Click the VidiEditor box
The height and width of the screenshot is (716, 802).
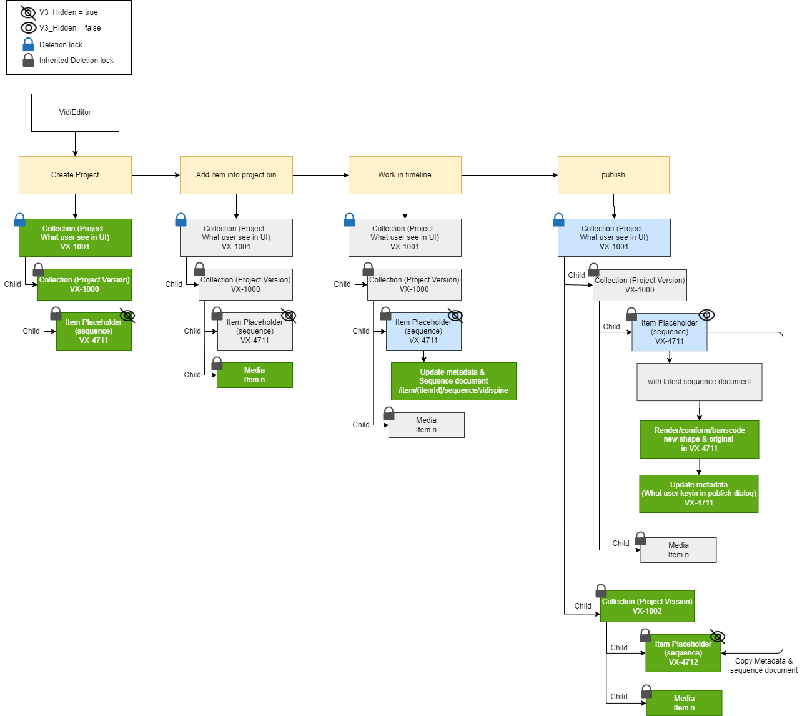(75, 112)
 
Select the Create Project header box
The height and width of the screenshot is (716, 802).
(75, 175)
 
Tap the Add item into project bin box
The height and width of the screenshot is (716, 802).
(236, 175)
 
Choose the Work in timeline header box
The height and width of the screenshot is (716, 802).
(405, 175)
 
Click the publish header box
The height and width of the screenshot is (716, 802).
(613, 175)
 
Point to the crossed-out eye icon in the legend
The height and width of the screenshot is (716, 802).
(28, 12)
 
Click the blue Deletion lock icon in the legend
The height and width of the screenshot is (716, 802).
(28, 44)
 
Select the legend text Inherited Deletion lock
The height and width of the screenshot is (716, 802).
(76, 61)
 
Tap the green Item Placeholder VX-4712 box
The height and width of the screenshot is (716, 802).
(683, 654)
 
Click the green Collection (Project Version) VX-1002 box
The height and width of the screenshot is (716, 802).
(647, 606)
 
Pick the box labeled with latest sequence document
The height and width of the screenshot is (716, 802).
(700, 382)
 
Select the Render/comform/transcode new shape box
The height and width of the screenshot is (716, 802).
(699, 439)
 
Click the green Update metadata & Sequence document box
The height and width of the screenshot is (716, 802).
(453, 381)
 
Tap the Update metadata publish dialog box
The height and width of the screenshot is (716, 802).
(698, 494)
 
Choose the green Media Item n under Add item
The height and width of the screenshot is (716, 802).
(254, 375)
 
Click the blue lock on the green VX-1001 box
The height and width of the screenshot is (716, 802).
(19, 220)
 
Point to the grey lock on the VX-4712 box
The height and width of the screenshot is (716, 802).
(645, 635)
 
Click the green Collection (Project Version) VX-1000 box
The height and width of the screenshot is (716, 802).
(84, 284)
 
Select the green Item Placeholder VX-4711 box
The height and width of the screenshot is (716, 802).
(94, 332)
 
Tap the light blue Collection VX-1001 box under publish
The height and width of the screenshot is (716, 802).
(614, 237)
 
